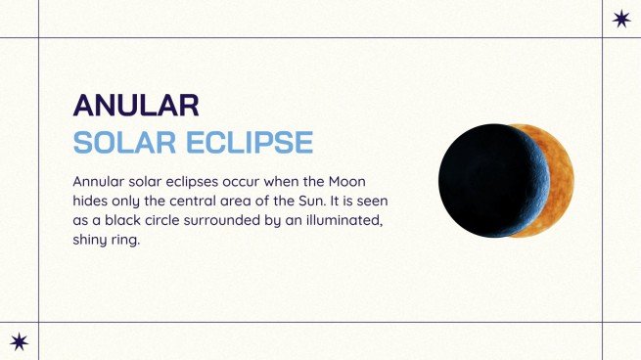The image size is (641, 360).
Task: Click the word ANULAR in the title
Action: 136,105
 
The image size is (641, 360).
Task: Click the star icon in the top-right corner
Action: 620,19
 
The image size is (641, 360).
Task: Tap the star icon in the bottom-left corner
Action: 19,340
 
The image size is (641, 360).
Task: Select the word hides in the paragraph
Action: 93,202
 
